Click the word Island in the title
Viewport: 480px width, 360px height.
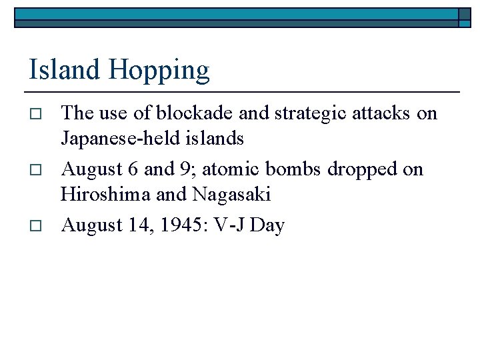tap(61, 69)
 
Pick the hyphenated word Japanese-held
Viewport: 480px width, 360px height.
tap(121, 139)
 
